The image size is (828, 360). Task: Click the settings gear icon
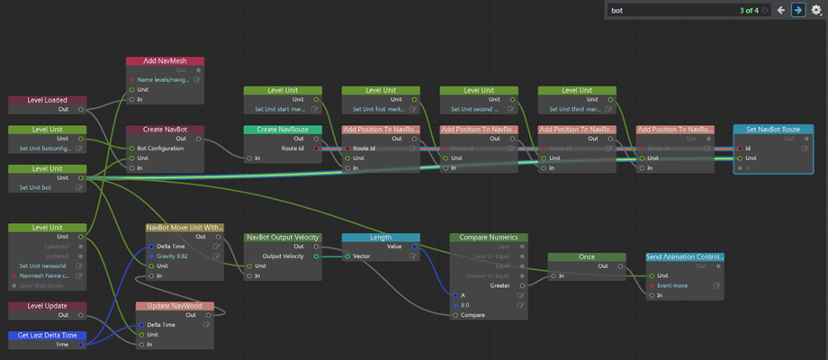816,11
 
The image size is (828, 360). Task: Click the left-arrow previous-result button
781,11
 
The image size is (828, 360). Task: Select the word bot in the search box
616,11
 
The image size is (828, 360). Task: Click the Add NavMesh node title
165,61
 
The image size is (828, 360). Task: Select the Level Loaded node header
48,100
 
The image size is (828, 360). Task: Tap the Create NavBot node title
165,130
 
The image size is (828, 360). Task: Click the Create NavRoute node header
283,130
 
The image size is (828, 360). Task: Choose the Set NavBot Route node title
773,130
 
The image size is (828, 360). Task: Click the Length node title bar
381,238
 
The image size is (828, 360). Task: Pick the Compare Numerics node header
489,238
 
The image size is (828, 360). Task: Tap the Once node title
587,256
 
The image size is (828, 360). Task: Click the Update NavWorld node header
175,306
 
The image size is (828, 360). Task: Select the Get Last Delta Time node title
48,335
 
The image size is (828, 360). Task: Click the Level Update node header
48,306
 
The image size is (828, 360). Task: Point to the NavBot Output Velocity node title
283,238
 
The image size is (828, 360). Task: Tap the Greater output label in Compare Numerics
500,285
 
